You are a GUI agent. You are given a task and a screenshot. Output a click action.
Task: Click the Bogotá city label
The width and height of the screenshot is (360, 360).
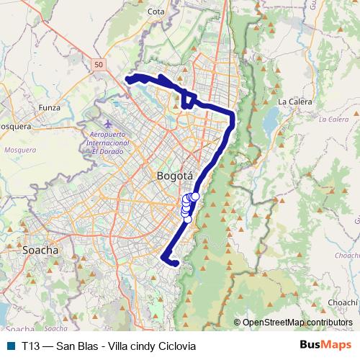[174, 176]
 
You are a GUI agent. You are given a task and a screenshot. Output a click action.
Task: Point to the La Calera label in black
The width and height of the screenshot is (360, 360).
[294, 102]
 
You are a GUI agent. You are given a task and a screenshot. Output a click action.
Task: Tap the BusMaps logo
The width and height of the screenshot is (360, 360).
[320, 346]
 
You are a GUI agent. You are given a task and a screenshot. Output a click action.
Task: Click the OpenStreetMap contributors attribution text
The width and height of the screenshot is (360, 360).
[297, 322]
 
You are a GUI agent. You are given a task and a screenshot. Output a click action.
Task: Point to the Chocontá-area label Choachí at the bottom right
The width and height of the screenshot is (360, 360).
[343, 303]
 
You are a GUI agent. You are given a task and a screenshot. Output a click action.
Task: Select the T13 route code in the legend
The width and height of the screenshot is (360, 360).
[30, 346]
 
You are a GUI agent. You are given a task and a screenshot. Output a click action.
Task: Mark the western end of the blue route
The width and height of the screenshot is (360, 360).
[128, 78]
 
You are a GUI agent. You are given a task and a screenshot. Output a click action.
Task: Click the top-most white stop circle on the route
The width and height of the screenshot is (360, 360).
[195, 196]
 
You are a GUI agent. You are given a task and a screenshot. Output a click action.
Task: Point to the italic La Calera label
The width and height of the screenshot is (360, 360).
[333, 119]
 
